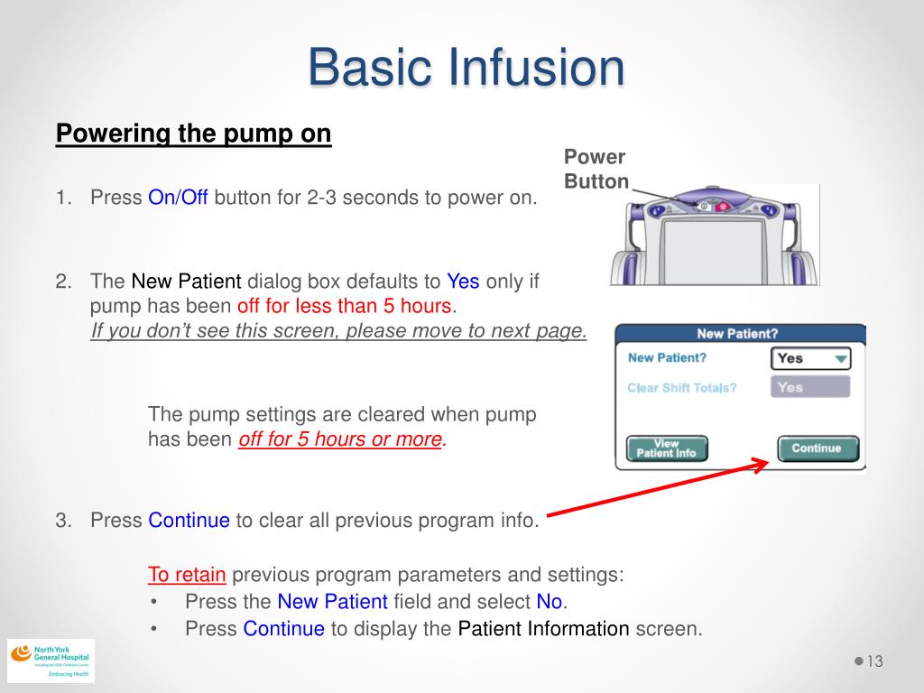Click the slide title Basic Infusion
[466, 69]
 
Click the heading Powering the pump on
[194, 134]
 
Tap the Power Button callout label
[596, 169]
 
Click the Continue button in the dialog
[816, 448]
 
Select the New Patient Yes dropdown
[810, 358]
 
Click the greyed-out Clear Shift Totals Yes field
[810, 387]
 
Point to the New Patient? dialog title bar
[737, 334]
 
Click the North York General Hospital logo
[51, 661]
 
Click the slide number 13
[873, 662]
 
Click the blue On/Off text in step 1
[178, 198]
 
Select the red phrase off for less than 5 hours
[346, 306]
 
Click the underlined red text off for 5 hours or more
[340, 439]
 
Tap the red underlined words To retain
[187, 575]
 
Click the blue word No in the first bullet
[549, 602]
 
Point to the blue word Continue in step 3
[189, 521]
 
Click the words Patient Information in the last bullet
[543, 629]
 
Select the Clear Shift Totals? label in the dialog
[681, 388]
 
